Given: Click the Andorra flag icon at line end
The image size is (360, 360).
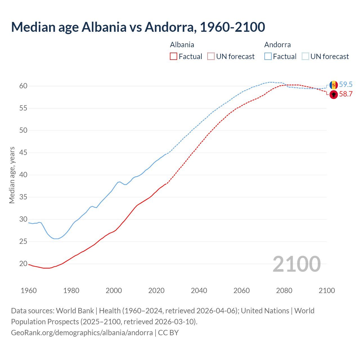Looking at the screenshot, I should [x=334, y=85].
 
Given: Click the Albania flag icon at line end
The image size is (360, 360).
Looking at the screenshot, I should [x=334, y=95].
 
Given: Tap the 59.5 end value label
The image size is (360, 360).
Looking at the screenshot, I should [x=346, y=84].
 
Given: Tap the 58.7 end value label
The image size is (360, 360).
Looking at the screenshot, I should [x=346, y=94].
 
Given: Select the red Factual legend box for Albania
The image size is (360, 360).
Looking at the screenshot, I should [x=174, y=57].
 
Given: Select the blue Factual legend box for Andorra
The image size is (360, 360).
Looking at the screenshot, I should [x=268, y=57].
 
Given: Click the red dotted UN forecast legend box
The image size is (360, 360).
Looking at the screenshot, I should [x=211, y=57].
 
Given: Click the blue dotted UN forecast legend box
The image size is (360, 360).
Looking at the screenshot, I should [x=305, y=57].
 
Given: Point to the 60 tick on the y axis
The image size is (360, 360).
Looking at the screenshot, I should [x=23, y=86].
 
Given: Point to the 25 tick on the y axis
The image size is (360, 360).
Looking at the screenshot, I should [x=23, y=242].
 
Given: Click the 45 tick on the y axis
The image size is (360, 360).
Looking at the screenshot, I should [x=23, y=153].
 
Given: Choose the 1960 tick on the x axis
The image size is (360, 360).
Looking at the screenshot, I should [x=29, y=291].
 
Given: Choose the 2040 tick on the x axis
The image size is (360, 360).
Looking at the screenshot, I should [x=199, y=291].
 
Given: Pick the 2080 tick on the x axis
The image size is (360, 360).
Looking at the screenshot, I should [x=284, y=291].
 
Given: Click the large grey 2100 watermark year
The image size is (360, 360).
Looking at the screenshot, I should [x=296, y=264].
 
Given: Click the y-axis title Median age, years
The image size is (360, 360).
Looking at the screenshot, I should [x=12, y=175].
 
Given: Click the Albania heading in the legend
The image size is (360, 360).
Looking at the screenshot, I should [x=182, y=45].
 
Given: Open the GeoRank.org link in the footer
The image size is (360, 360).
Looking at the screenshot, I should [x=82, y=332].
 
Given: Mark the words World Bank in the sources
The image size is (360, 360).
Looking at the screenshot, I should [x=75, y=311].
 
